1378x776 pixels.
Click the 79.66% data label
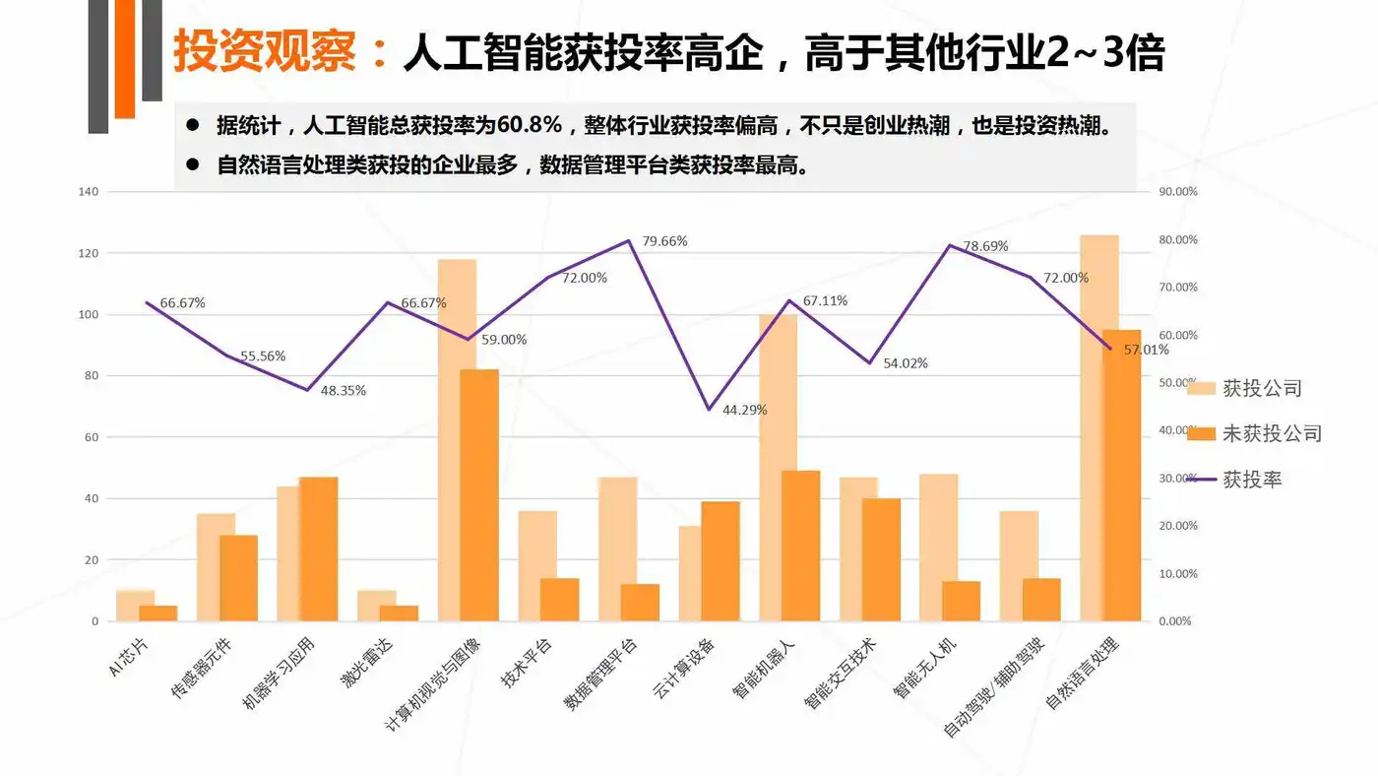click(664, 241)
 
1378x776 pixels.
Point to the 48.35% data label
click(344, 390)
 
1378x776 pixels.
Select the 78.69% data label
click(985, 246)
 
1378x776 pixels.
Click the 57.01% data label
click(1147, 350)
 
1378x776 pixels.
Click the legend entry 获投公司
click(1262, 388)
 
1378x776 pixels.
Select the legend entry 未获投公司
click(1272, 433)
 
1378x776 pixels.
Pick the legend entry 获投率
click(1252, 480)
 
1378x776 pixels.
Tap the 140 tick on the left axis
click(89, 192)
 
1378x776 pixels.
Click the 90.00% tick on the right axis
click(1177, 192)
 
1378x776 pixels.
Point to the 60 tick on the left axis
click(92, 437)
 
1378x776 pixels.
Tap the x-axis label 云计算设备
click(683, 670)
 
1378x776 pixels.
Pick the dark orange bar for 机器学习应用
click(318, 549)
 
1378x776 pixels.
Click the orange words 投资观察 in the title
click(265, 52)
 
